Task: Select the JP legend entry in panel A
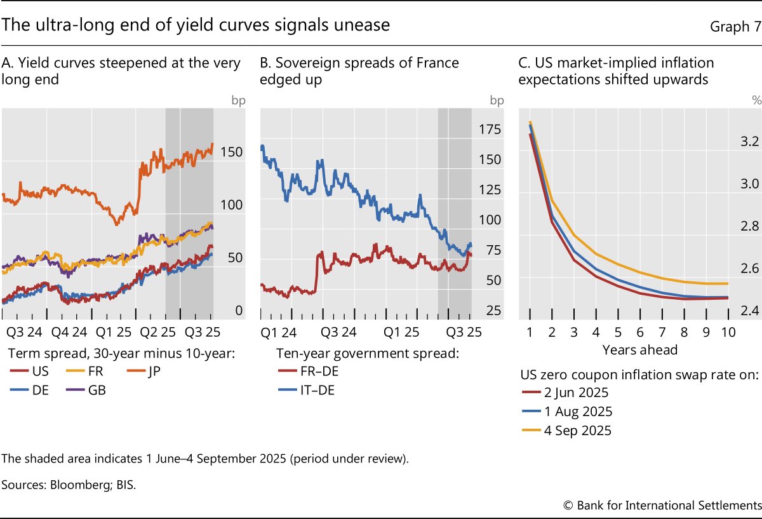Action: click(x=152, y=372)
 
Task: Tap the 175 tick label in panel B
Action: click(x=490, y=130)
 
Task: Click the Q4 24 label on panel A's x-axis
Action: click(x=69, y=332)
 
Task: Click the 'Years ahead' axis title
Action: click(x=640, y=349)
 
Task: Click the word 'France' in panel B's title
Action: click(x=431, y=63)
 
